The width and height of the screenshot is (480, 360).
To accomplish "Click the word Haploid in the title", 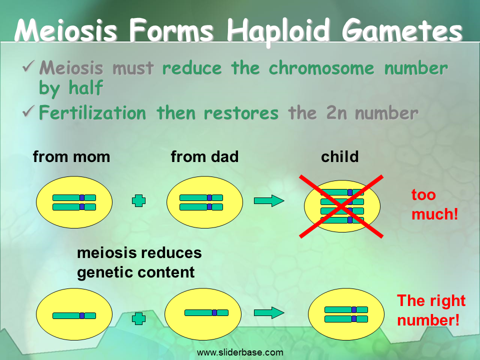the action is pyautogui.click(x=278, y=31).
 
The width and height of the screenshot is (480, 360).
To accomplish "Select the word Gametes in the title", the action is pyautogui.click(x=402, y=30).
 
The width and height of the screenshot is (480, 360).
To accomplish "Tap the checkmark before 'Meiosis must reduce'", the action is pyautogui.click(x=29, y=66).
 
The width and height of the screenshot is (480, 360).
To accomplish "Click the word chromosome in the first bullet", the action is pyautogui.click(x=321, y=67).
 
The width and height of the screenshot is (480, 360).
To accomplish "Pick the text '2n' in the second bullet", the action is pyautogui.click(x=336, y=112).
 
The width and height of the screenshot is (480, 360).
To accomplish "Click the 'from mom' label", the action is pyautogui.click(x=71, y=156).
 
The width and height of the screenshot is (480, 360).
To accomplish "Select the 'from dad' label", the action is pyautogui.click(x=204, y=156).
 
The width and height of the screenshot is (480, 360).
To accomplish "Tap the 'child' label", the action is pyautogui.click(x=340, y=156).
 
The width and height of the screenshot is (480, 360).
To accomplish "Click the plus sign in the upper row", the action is pyautogui.click(x=138, y=201).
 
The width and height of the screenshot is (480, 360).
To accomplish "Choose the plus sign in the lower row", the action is pyautogui.click(x=138, y=318).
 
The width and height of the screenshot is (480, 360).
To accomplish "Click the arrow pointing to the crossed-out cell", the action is pyautogui.click(x=269, y=201).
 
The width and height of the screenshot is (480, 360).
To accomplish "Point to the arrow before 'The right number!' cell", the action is pyautogui.click(x=269, y=313).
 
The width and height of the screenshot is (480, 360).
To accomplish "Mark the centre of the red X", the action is pyautogui.click(x=341, y=206).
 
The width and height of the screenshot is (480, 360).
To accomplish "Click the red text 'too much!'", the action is pyautogui.click(x=434, y=204).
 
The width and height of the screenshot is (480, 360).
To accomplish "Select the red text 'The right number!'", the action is pyautogui.click(x=431, y=310).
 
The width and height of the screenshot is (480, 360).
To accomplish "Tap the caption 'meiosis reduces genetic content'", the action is pyautogui.click(x=139, y=262).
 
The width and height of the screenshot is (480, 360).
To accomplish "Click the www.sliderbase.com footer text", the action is pyautogui.click(x=240, y=352).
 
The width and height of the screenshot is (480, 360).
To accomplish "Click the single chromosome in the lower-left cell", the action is pyautogui.click(x=74, y=315).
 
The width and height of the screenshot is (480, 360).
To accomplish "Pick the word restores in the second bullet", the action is pyautogui.click(x=241, y=112).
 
